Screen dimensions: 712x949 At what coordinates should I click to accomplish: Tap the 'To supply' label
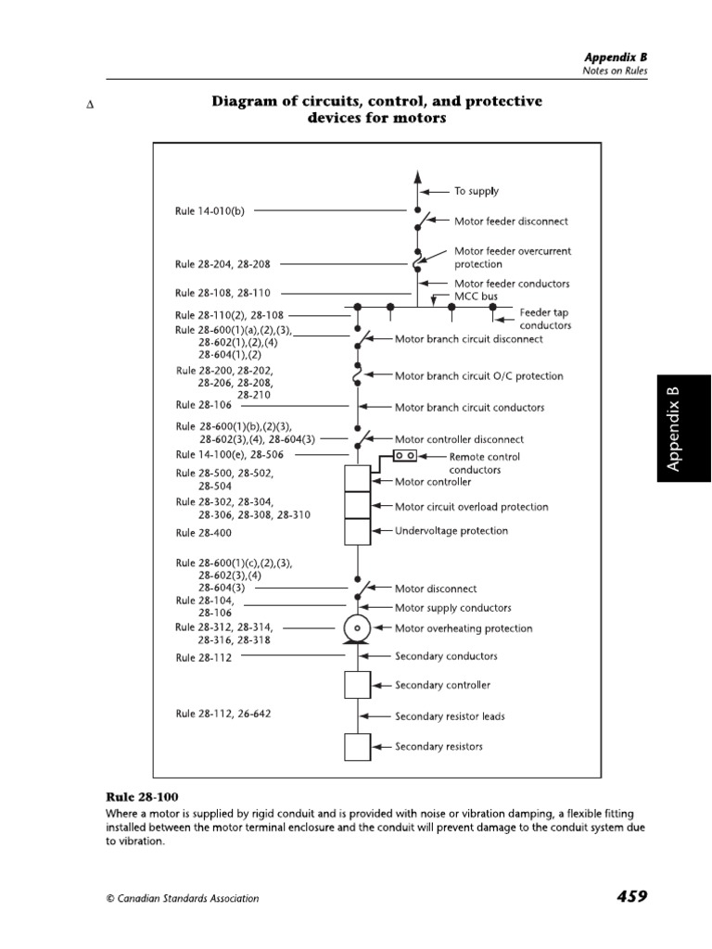pos(476,191)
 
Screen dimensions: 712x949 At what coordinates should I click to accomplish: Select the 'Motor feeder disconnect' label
pos(511,221)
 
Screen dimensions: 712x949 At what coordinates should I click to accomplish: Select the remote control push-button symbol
pos(405,456)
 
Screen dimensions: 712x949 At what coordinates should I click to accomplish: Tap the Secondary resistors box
pos(358,746)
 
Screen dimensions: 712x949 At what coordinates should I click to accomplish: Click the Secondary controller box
pos(358,685)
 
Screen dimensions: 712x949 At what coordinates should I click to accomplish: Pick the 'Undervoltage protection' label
pos(451,531)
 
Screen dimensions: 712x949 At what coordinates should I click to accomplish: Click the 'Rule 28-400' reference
pos(203,533)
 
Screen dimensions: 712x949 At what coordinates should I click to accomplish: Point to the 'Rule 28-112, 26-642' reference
pos(222,714)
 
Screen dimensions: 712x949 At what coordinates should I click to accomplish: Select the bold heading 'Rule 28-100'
pos(142,797)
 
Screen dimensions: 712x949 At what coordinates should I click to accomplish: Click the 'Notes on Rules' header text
pos(614,70)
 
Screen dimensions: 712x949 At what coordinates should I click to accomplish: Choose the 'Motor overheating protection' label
pos(464,628)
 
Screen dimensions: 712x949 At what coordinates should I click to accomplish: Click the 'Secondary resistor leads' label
pos(450,716)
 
